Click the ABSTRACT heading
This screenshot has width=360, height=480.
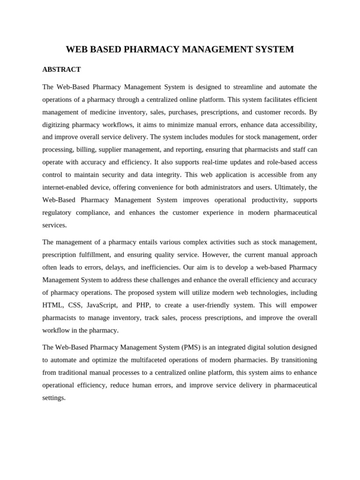click(61, 69)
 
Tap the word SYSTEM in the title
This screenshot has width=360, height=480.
click(272, 49)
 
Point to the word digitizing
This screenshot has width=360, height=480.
click(57, 125)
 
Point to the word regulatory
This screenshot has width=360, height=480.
click(57, 212)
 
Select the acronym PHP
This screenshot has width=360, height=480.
click(142, 305)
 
